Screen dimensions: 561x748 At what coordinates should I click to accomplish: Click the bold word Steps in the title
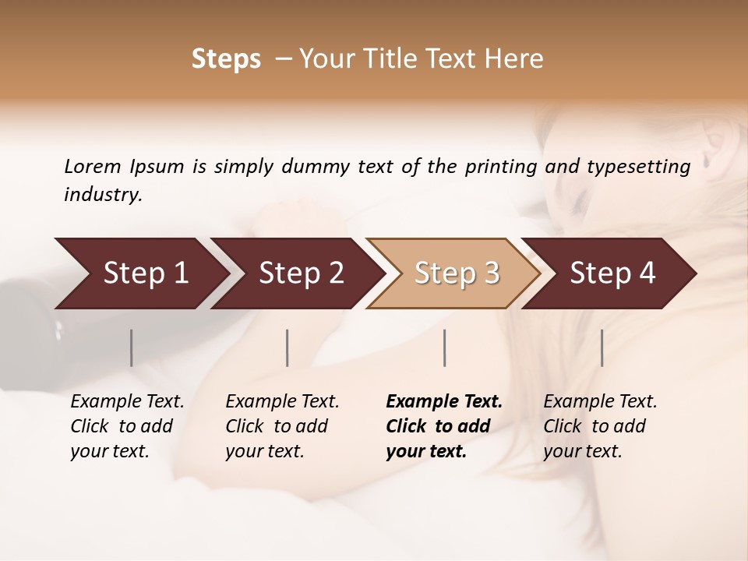click(226, 59)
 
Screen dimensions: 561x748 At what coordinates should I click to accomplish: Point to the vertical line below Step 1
click(132, 348)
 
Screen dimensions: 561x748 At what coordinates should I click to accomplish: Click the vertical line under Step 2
click(288, 348)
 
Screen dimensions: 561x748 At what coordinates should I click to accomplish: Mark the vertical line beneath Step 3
click(445, 348)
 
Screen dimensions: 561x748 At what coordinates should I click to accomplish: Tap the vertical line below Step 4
click(602, 348)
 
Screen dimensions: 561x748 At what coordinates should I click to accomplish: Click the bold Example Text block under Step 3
click(444, 426)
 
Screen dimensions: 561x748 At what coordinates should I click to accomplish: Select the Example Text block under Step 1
click(127, 426)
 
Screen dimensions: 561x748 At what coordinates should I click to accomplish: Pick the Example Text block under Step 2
click(282, 426)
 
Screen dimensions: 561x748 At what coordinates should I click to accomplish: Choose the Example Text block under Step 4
click(600, 426)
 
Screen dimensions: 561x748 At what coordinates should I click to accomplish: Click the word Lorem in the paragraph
click(92, 167)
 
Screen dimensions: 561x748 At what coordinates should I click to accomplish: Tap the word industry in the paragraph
click(103, 195)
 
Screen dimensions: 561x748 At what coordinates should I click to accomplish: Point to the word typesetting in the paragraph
click(646, 167)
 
